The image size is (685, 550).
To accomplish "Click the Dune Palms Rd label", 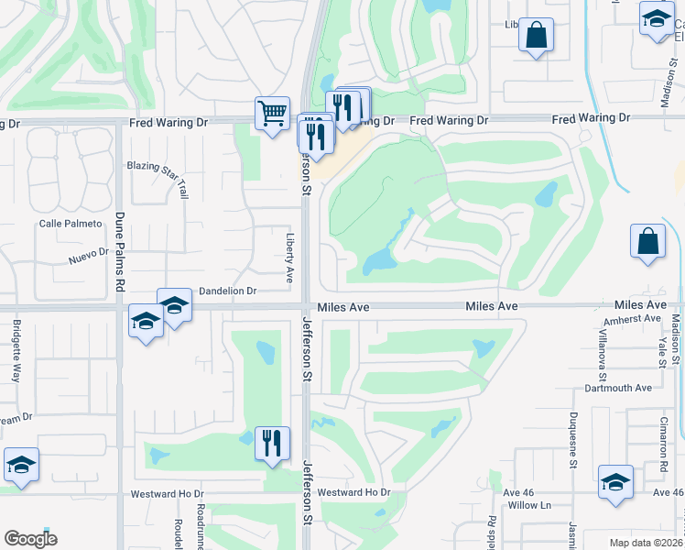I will [x=119, y=252].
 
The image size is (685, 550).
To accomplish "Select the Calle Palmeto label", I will [x=64, y=224].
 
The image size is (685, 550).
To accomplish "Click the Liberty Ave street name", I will [x=288, y=257].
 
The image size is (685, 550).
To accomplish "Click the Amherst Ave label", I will [x=632, y=318].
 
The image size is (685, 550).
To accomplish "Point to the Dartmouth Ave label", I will [x=620, y=388].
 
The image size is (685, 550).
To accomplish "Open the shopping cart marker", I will [x=272, y=114].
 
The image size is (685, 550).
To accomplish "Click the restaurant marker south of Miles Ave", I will [x=272, y=444].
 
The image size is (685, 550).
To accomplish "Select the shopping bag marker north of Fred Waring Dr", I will [x=536, y=36].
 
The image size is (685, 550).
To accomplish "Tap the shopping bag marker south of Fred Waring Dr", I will [x=647, y=242].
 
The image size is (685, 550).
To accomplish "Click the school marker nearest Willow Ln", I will [x=615, y=482].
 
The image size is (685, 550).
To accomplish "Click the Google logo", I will [x=31, y=539].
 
